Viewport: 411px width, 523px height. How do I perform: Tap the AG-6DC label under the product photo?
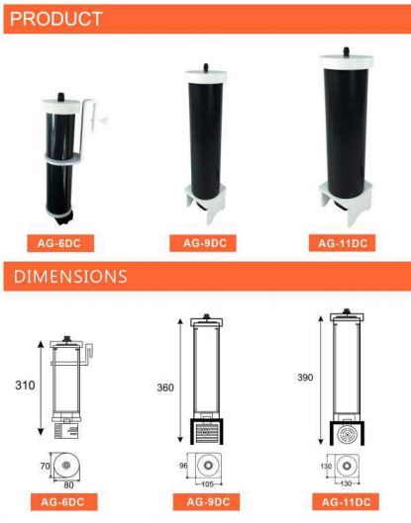point(70,240)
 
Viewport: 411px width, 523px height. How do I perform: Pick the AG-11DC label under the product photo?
point(343,240)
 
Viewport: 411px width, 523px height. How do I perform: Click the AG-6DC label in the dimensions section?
point(70,500)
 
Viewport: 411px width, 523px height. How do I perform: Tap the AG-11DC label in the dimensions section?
point(343,500)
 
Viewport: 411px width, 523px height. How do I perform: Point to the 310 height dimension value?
point(22,386)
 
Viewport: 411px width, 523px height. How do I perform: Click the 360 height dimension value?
point(164,388)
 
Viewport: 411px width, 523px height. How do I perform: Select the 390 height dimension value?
point(305,378)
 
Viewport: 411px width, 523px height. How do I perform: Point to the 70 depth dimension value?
point(43,464)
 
